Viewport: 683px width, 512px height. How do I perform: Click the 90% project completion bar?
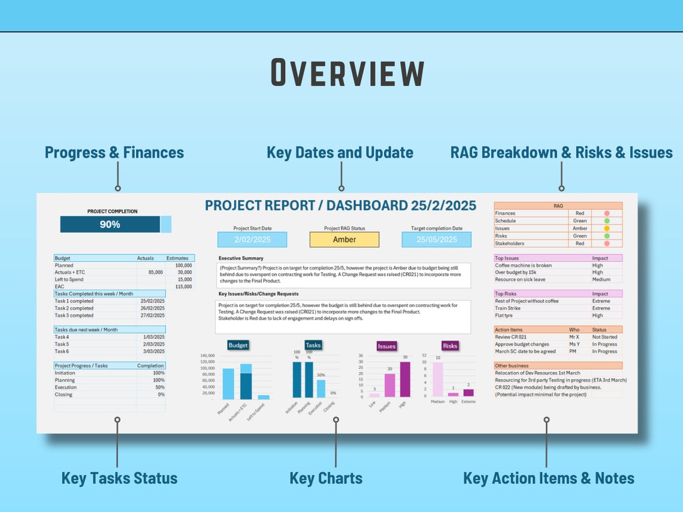tap(110, 225)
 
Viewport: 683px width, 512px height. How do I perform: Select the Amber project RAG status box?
tap(344, 240)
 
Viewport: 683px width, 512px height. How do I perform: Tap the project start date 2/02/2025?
tap(252, 240)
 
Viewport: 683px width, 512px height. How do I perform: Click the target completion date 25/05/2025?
tap(436, 240)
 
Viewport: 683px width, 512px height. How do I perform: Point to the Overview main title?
tap(348, 74)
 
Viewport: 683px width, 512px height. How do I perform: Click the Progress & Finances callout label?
tap(114, 153)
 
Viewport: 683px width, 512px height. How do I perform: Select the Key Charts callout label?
tap(326, 478)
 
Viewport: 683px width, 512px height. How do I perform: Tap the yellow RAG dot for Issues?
tap(607, 228)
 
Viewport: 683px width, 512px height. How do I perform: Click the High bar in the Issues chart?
tap(405, 379)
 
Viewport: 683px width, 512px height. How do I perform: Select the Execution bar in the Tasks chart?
tap(321, 388)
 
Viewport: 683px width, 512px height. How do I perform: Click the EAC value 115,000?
tap(184, 287)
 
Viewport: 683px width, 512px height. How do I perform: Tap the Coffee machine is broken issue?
tap(523, 265)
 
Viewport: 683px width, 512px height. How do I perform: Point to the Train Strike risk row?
tap(507, 308)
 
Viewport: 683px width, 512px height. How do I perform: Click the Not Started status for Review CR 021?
tap(605, 337)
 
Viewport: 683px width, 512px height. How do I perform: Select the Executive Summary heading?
tap(241, 259)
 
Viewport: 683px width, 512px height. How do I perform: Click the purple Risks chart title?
tap(450, 346)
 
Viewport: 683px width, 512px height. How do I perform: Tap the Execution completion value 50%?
tap(159, 387)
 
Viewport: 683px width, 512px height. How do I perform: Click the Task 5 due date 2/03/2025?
tap(153, 344)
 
